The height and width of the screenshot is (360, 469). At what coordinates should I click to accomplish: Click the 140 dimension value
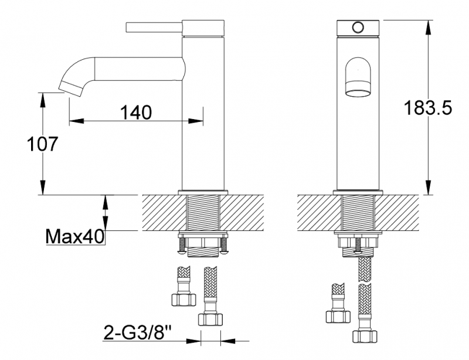click(x=136, y=111)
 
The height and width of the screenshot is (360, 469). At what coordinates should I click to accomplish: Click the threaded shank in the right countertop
click(x=358, y=213)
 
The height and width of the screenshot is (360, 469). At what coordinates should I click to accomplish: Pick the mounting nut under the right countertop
click(x=358, y=241)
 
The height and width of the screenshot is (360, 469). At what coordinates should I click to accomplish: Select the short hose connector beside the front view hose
click(x=338, y=305)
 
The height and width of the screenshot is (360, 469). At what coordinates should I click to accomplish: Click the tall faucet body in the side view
click(x=203, y=117)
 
